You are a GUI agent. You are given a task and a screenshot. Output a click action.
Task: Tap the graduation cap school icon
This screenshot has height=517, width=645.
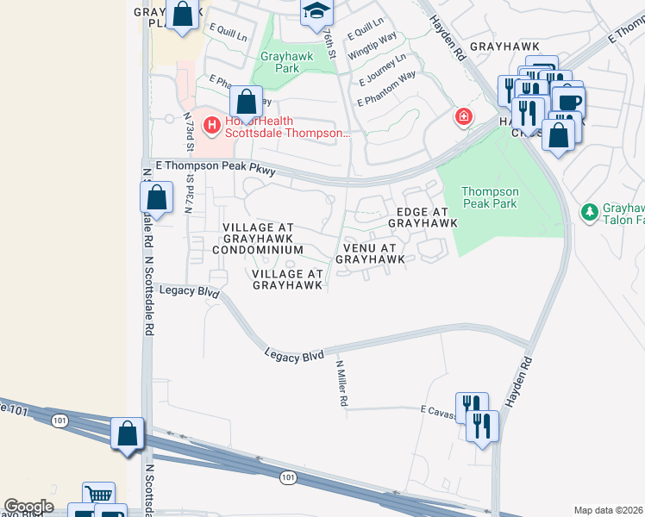[x=316, y=11]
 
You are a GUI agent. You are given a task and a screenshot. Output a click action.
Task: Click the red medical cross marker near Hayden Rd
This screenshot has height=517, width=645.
[x=464, y=116]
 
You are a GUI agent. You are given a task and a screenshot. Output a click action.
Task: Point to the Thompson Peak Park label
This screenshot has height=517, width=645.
[x=490, y=197]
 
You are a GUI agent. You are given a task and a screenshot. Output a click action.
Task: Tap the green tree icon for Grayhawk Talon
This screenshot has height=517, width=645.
[x=590, y=211]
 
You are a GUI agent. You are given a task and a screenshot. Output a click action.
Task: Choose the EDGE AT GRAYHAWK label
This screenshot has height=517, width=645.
[x=422, y=217]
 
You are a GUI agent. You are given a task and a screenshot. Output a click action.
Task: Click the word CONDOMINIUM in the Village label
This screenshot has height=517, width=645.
[x=263, y=250]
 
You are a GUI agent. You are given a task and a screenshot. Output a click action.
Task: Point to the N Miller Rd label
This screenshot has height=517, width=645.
[x=341, y=384]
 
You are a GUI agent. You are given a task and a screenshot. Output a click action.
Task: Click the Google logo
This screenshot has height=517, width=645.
[x=28, y=507]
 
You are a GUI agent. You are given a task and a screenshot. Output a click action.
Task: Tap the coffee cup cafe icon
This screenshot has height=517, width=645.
[x=567, y=101]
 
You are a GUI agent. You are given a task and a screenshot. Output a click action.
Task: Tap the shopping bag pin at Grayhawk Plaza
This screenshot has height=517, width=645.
[x=183, y=15]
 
